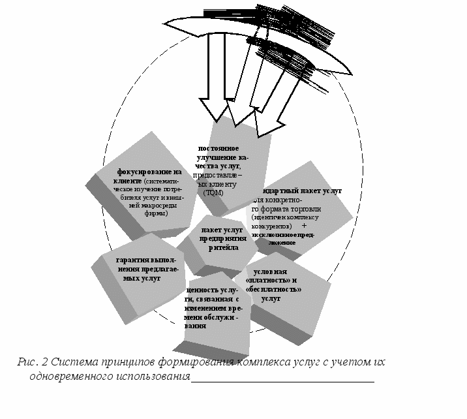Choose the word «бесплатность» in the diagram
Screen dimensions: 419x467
coord(273,289)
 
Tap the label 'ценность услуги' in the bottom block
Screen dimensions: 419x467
coord(211,290)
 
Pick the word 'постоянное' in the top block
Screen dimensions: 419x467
coord(222,148)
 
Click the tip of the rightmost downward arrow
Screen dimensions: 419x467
coord(264,136)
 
